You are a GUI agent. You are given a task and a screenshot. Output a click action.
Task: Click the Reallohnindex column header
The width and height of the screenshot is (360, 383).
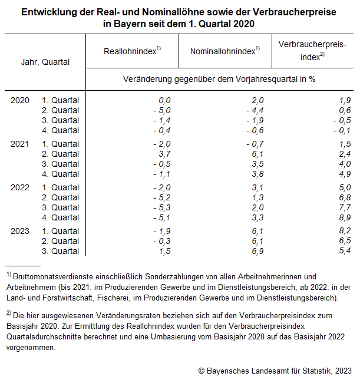tap(132, 51)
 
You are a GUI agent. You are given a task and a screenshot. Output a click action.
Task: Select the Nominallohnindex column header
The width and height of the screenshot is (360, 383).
tap(224, 51)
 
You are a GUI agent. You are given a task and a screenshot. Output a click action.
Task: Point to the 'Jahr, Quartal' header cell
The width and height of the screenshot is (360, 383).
tap(45, 62)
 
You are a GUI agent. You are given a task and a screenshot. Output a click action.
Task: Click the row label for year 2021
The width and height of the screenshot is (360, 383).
tap(20, 144)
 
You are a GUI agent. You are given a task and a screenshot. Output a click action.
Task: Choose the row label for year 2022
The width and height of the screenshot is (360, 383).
tap(20, 187)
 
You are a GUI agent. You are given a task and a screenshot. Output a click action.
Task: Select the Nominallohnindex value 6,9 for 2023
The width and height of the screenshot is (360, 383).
tap(257, 251)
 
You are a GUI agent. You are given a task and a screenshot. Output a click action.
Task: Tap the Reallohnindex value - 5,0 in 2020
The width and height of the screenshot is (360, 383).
tap(161, 110)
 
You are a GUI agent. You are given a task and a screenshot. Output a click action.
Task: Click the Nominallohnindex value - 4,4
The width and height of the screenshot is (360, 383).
tap(255, 110)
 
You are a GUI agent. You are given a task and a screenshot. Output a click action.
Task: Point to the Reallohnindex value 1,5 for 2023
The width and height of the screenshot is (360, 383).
tap(164, 251)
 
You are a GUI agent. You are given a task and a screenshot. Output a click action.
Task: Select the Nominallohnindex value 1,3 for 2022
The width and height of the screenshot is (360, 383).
tap(257, 197)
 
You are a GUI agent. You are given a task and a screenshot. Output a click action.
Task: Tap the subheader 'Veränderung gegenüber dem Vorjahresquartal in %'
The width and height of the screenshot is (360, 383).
tap(219, 79)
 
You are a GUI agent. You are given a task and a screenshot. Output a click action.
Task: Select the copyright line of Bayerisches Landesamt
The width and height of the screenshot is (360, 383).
tap(275, 370)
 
